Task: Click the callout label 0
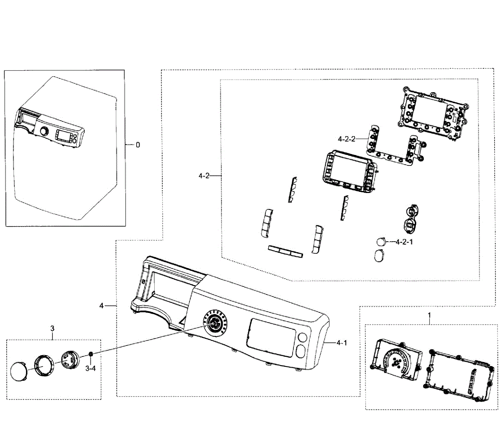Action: pos(138,145)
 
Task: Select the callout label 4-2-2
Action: pos(346,139)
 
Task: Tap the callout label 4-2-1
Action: pos(404,242)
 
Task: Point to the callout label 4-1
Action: pos(342,343)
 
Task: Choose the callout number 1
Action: pos(429,314)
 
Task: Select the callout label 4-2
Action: pos(204,176)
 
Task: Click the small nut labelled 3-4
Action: pos(91,356)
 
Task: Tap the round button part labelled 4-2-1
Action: pos(381,242)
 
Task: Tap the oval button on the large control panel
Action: pos(301,351)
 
